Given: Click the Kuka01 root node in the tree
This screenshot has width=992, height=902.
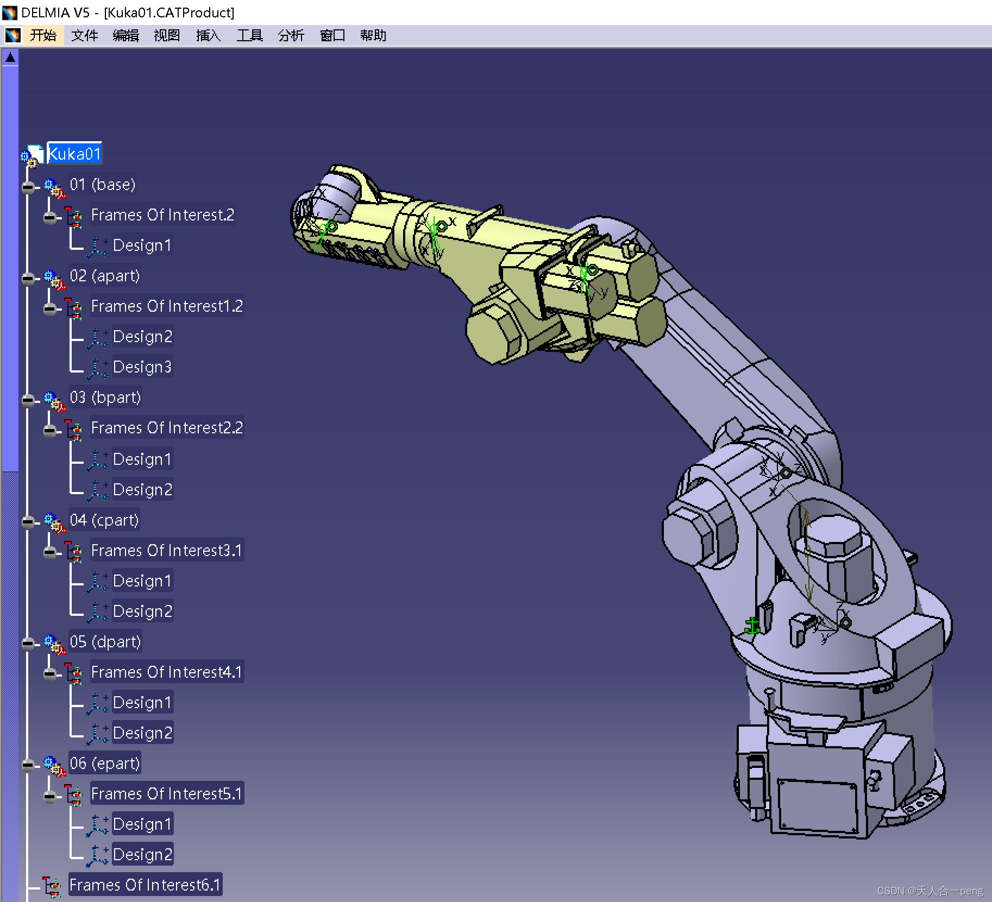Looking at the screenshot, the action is click(x=74, y=154).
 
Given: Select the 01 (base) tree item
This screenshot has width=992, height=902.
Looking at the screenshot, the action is click(x=102, y=185).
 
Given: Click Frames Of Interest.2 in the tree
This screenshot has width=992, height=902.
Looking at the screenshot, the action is click(x=162, y=215).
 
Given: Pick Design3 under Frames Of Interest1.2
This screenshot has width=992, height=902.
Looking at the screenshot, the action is click(x=142, y=367).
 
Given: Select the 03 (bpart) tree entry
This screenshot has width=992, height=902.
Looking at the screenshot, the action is click(x=105, y=398).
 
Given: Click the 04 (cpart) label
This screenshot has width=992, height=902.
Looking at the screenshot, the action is click(x=104, y=520).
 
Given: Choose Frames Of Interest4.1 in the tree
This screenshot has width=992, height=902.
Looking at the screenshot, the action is click(x=166, y=672).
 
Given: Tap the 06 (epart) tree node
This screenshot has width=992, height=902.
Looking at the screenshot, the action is click(x=105, y=764).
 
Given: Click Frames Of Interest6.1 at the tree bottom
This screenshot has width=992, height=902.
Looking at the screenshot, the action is click(x=145, y=885).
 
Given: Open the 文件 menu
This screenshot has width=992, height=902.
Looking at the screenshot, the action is click(x=84, y=36).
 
